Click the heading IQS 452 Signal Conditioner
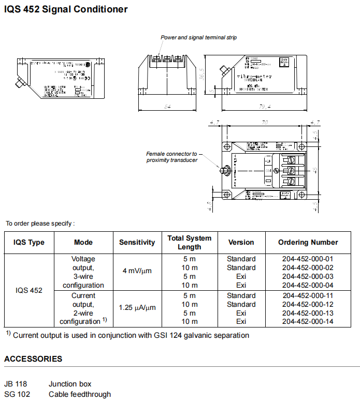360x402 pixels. pos(66,9)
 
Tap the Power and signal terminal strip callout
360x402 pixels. pos(198,38)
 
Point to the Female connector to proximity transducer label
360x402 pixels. pos(171,157)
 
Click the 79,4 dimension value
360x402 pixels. pos(265,107)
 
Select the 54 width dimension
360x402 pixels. pos(167,107)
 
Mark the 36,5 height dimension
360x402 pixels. pos(202,73)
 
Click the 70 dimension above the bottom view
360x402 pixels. pos(264,123)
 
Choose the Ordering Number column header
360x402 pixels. pos(308,242)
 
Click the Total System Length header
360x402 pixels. pos(190,242)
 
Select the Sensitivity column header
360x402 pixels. pos(137,242)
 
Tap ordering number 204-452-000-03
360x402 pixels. pos(308,276)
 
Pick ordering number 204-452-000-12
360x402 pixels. pos(308,304)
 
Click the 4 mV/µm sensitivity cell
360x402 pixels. pos(137,271)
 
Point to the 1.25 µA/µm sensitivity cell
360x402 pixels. pos(137,307)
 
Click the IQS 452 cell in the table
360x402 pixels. pos(29,290)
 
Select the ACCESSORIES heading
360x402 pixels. pos(33,359)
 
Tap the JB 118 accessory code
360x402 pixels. pos(16,384)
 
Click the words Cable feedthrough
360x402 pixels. pos(80,394)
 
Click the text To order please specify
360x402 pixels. pos(40,224)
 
